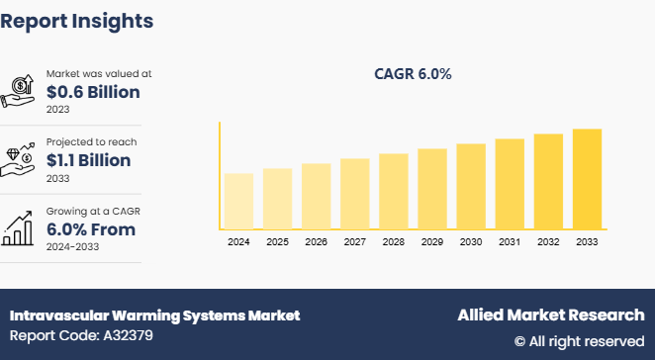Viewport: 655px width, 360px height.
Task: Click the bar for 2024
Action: coord(238,202)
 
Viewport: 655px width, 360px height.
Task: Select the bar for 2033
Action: coord(587,179)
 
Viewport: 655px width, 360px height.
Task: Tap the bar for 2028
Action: coord(393,192)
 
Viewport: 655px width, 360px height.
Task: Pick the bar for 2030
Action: coord(471,187)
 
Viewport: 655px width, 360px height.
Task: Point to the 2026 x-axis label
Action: coord(316,241)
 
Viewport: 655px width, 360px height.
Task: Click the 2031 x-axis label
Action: coord(510,241)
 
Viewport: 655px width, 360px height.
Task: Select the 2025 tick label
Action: coord(277,241)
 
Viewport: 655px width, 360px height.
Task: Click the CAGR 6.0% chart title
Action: coord(414,73)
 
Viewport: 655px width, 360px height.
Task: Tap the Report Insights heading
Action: coord(77,20)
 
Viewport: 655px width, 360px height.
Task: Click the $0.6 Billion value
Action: coord(93,92)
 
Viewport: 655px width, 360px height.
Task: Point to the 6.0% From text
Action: coord(91,229)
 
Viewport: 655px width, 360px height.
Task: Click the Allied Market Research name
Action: coord(550,315)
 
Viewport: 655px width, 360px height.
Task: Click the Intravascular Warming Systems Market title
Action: coord(154,315)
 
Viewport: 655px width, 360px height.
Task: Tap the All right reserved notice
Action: coord(579,341)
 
